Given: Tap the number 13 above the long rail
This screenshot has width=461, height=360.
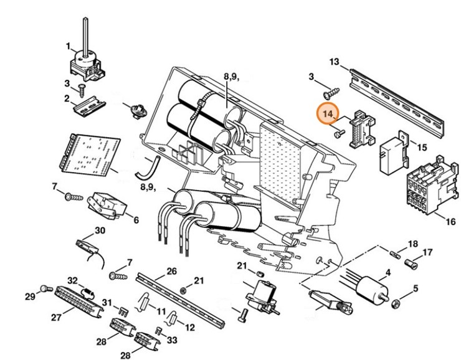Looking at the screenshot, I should coord(335,62).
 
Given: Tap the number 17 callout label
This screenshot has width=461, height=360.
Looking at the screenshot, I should coord(427,252).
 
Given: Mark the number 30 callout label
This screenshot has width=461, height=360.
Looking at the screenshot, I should coord(100,230).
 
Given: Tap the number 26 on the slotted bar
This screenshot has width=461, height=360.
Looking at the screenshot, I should coord(171,271).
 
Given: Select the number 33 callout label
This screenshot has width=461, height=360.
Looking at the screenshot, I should coord(173,340).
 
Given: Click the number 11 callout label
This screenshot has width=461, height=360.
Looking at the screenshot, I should coord(161,310).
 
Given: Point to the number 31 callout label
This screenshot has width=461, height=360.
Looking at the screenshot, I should coord(107,303).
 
